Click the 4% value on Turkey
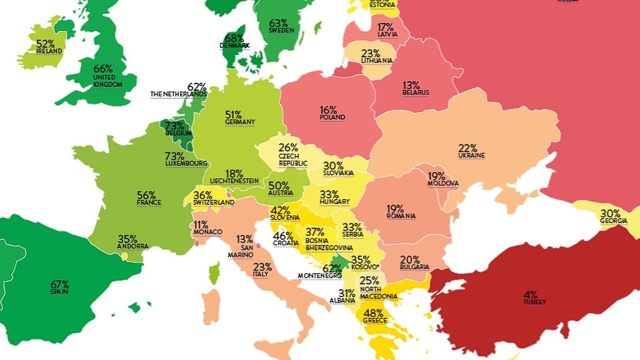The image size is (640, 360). click(x=531, y=295)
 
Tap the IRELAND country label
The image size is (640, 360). click(x=49, y=51)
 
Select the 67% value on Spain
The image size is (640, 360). click(x=60, y=284)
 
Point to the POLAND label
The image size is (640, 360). click(x=332, y=117)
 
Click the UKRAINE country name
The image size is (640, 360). click(x=471, y=155)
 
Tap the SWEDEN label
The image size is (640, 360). click(x=282, y=30)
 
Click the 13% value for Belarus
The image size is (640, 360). click(x=411, y=85)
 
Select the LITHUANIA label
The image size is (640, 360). click(x=377, y=60)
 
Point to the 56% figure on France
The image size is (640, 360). click(x=147, y=195)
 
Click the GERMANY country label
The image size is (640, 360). click(x=240, y=122)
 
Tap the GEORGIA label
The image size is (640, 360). click(x=613, y=221)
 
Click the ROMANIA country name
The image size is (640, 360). click(x=401, y=216)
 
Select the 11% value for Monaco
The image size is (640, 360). click(x=201, y=225)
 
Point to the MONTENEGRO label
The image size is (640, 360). click(x=320, y=276)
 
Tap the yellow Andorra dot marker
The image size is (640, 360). click(x=124, y=256)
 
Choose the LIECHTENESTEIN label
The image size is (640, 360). click(x=234, y=181)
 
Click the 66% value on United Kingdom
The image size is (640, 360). click(x=103, y=68)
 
